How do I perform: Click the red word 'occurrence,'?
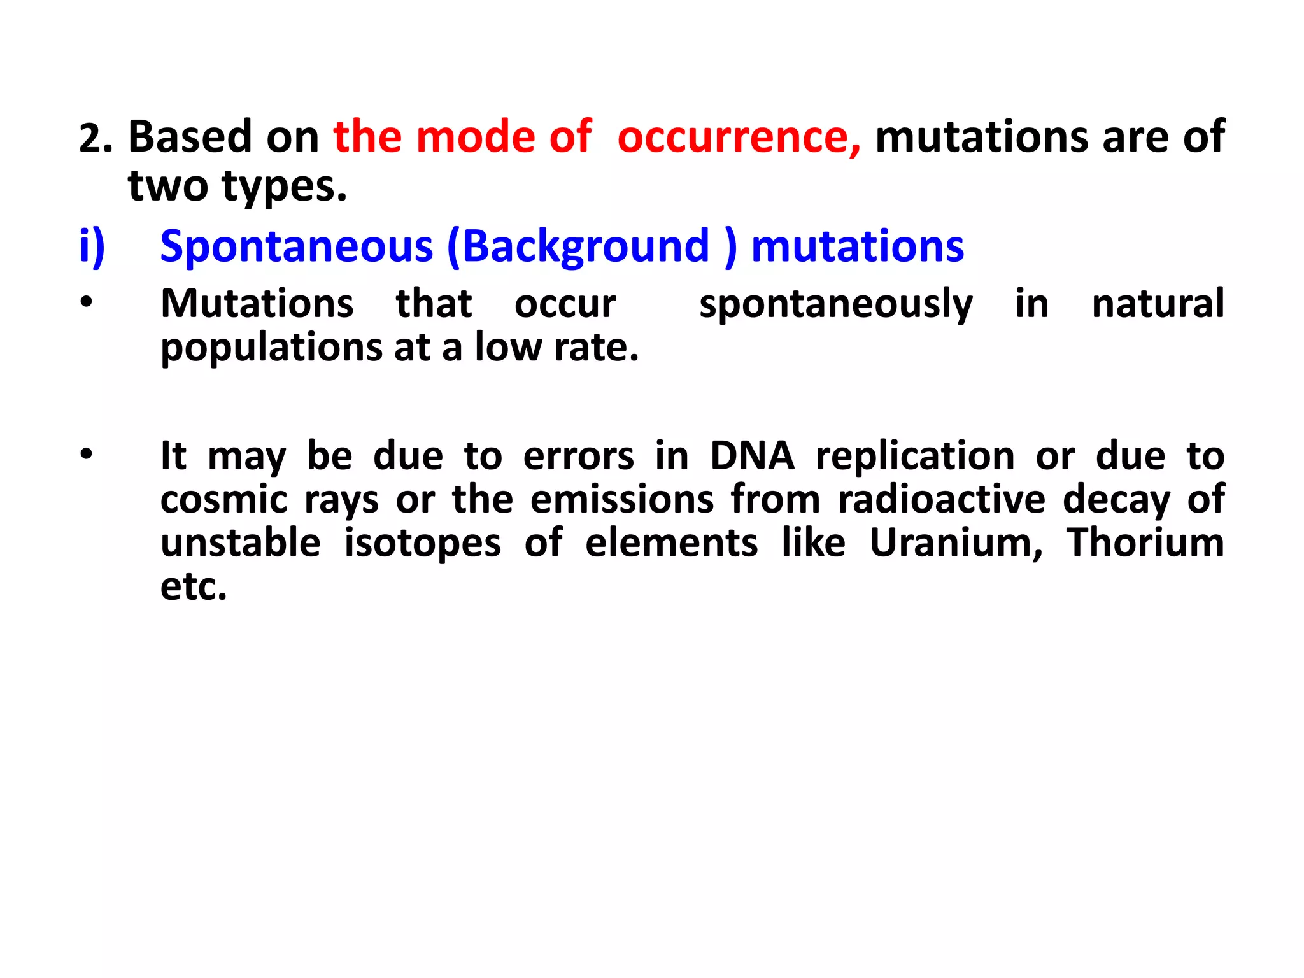coord(739,137)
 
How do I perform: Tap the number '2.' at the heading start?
coord(96,138)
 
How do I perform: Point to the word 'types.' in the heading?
coord(284,186)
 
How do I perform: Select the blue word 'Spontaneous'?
coord(297,247)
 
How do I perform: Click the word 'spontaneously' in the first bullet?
coord(835,304)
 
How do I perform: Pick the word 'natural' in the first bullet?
coord(1158,303)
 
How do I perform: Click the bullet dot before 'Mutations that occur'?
coord(87,302)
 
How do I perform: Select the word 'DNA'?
coord(752,456)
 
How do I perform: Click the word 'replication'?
coord(915,456)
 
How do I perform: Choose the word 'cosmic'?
coord(223,499)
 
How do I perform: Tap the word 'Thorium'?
coord(1145,542)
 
